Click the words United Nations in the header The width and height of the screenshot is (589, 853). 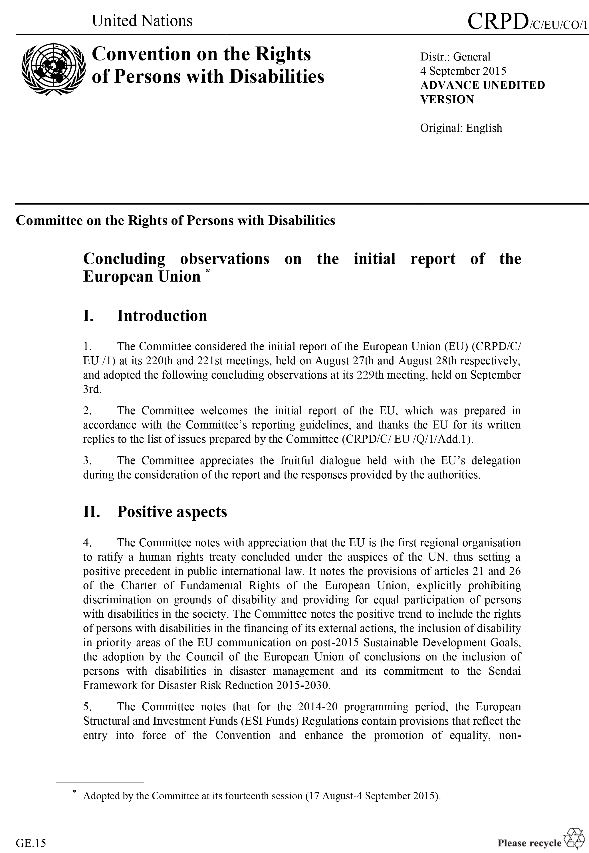click(142, 21)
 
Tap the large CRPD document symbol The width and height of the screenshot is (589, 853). click(497, 21)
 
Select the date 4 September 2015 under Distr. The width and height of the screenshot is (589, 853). click(463, 71)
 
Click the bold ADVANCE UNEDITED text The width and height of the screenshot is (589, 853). click(482, 85)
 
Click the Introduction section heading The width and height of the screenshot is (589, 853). click(162, 316)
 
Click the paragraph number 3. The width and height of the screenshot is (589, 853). click(87, 460)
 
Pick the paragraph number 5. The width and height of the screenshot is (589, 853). click(87, 707)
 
